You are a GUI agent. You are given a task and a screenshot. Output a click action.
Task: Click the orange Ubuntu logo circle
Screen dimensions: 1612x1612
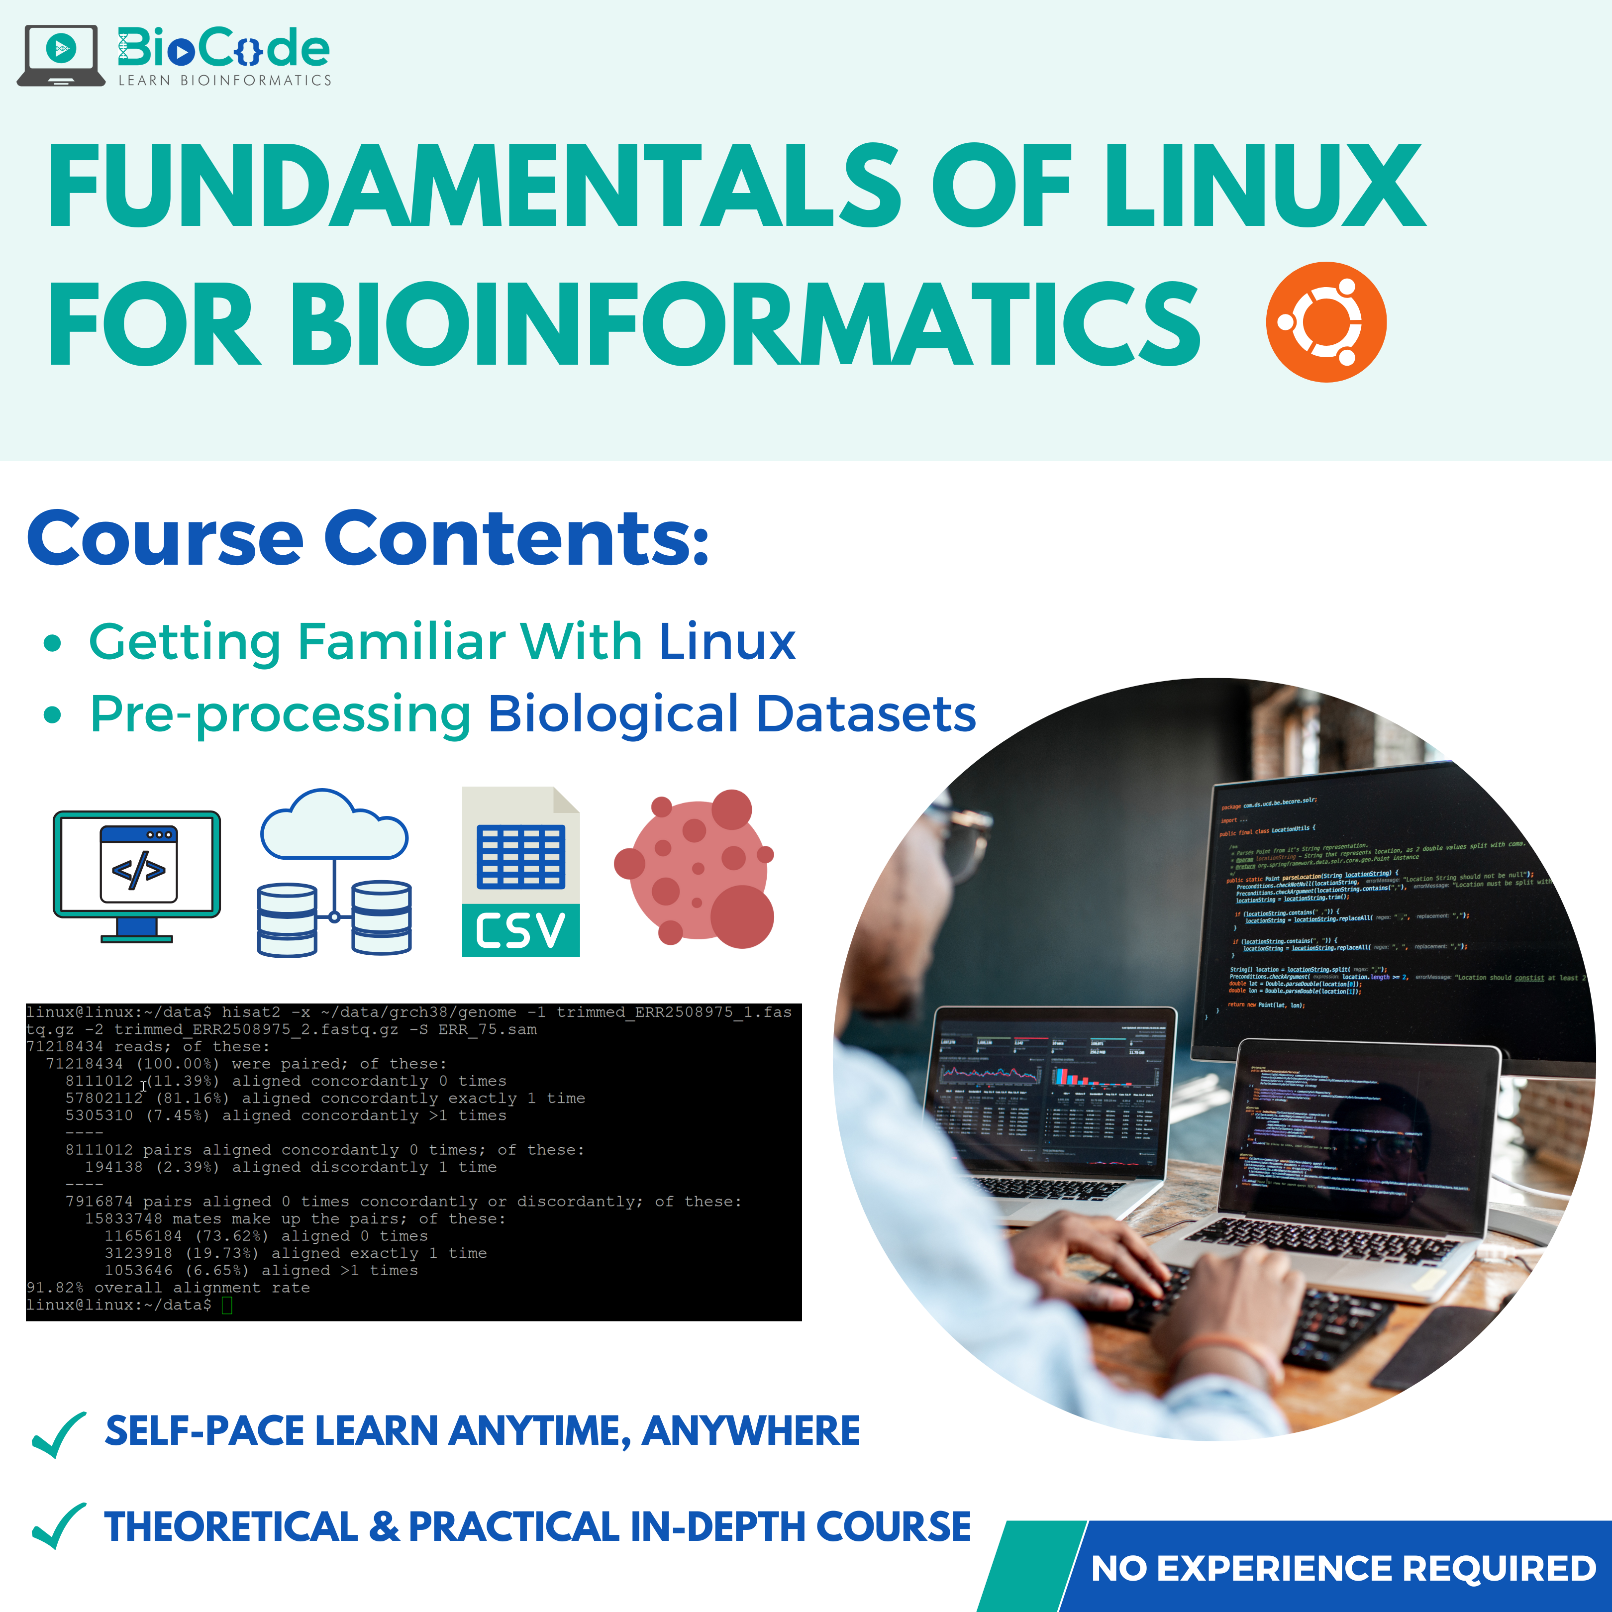[1326, 322]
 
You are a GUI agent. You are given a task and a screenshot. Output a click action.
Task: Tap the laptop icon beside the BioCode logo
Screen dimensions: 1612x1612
[61, 55]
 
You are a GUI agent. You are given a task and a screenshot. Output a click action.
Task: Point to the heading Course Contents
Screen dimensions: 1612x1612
[368, 538]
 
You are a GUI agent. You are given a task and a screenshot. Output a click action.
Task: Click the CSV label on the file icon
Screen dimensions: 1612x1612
[520, 930]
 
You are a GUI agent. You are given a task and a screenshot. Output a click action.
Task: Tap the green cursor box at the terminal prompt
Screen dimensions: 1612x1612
[227, 1305]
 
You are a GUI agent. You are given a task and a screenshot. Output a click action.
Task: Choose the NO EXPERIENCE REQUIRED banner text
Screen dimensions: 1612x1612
[1343, 1569]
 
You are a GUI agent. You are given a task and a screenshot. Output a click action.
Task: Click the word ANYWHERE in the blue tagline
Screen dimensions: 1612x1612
[750, 1431]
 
